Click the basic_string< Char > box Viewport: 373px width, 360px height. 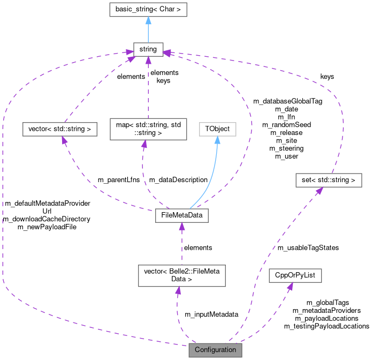coord(148,9)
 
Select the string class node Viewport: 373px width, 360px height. coord(148,49)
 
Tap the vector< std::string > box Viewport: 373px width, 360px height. coord(60,129)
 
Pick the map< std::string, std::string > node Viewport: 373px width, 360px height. coord(148,129)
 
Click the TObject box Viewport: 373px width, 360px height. coord(217,129)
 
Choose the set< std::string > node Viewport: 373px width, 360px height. coord(328,181)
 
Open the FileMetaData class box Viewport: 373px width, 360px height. coord(181,215)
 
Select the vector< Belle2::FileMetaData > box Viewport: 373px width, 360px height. coord(181,275)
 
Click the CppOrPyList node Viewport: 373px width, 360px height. coord(295,275)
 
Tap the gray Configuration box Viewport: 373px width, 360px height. coord(215,350)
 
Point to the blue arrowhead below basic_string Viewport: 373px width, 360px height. coord(148,20)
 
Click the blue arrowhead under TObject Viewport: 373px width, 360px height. coord(217,140)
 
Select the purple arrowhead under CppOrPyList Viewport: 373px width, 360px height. coord(290,287)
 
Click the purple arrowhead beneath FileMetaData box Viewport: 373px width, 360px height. coord(181,227)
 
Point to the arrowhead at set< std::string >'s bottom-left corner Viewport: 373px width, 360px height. coord(317,191)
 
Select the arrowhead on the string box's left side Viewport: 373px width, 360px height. coord(129,52)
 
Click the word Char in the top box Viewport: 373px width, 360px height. coord(166,9)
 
